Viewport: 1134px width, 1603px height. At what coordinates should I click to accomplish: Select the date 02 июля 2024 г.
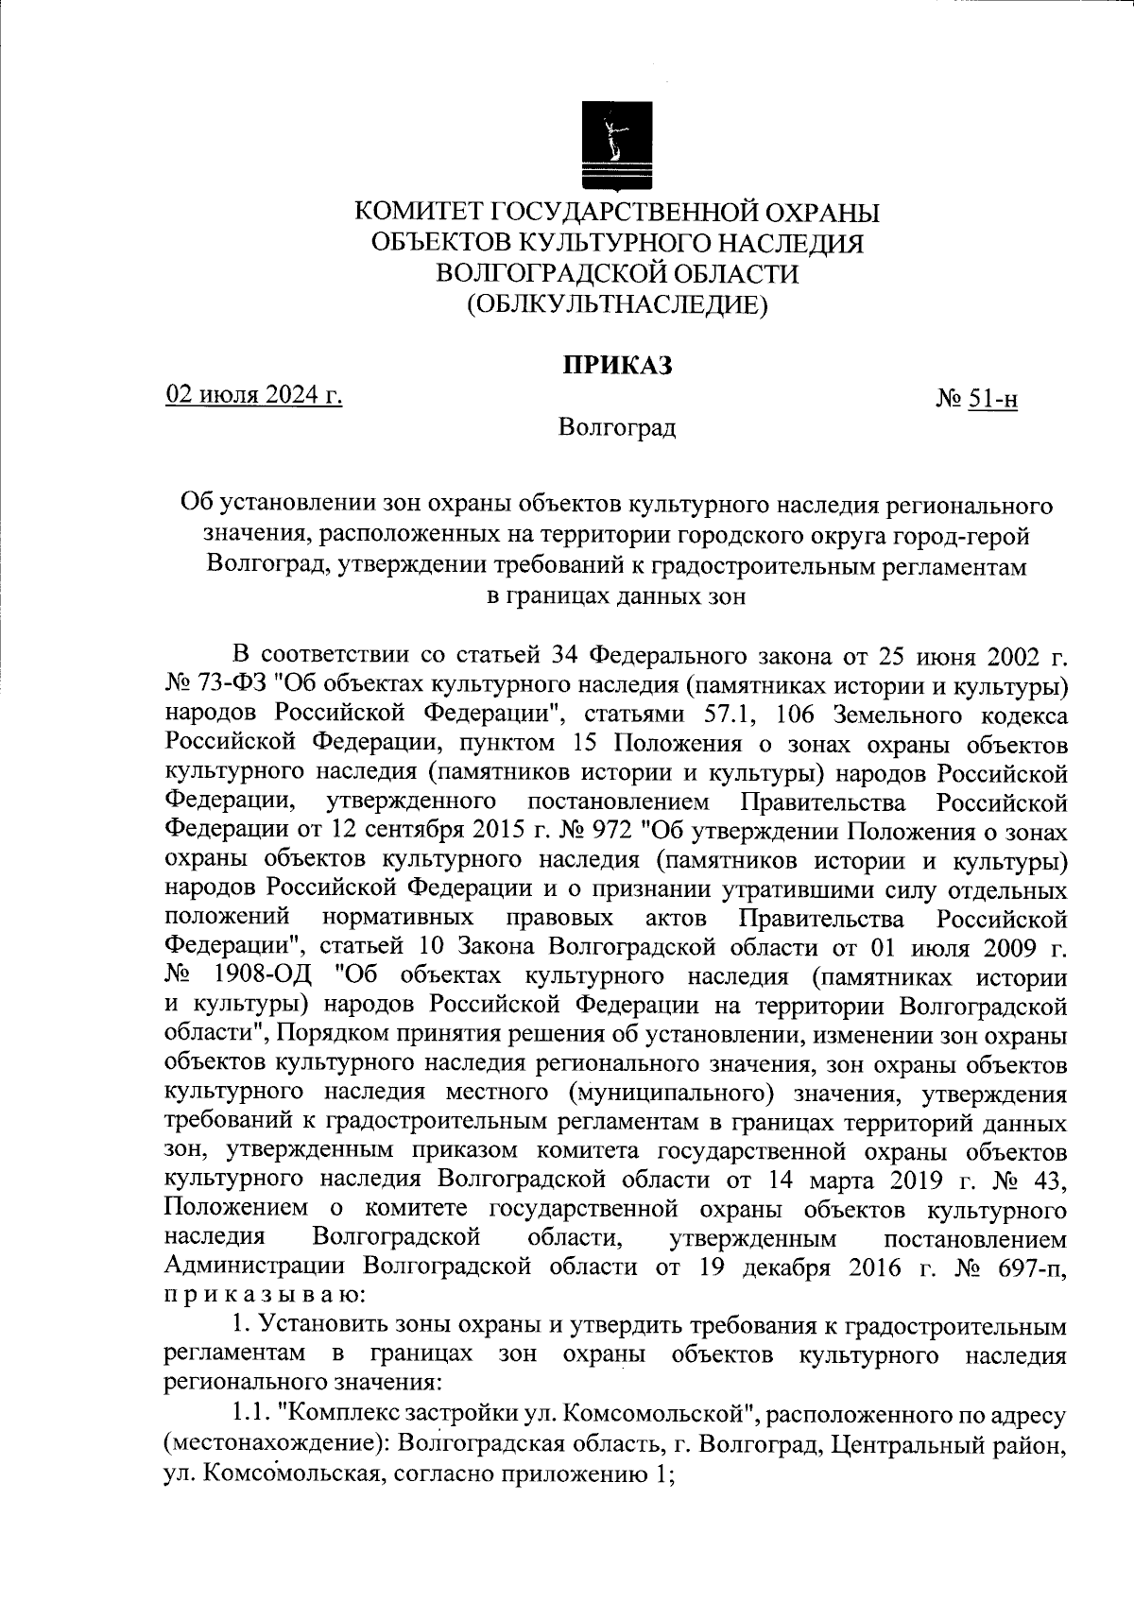(254, 393)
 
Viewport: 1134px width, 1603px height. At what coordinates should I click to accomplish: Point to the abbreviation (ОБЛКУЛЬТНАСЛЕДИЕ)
(616, 304)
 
